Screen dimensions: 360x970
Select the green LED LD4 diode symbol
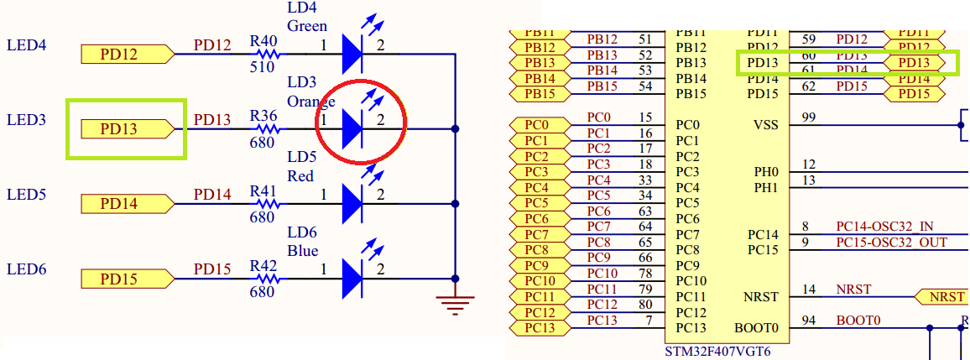(x=352, y=55)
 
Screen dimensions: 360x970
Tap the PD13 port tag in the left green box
(x=127, y=129)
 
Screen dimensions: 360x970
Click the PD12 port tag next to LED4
(x=127, y=55)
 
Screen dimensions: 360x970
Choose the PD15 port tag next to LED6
(x=127, y=279)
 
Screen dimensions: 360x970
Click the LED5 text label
(x=25, y=195)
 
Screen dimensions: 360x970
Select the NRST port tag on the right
(x=940, y=297)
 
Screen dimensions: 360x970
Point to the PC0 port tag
(x=537, y=125)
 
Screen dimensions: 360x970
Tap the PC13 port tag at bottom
(x=537, y=328)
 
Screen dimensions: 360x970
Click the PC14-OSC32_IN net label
(x=884, y=227)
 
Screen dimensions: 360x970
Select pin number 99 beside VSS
(x=809, y=116)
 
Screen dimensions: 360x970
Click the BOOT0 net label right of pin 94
(x=858, y=320)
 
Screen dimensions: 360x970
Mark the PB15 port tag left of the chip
(x=537, y=93)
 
